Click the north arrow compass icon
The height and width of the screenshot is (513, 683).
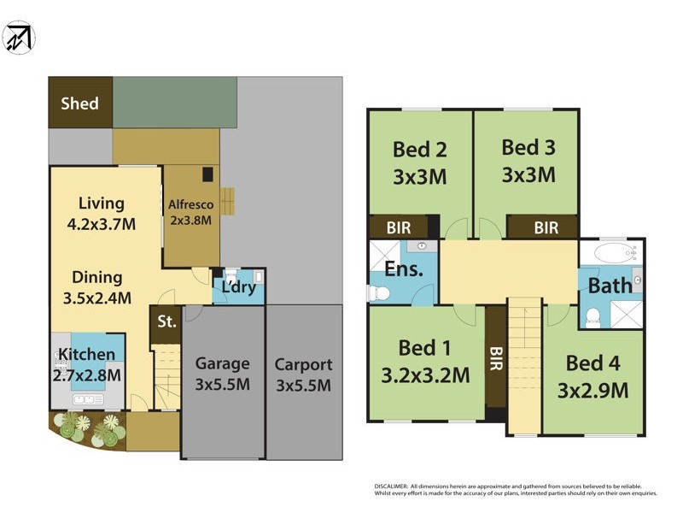point(19,38)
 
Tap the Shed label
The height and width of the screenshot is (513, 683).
point(79,103)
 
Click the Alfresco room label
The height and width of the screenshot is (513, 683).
point(190,204)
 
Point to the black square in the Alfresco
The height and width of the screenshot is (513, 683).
point(207,174)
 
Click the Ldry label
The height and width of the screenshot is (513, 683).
point(239,286)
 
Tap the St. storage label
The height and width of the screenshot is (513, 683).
point(166,322)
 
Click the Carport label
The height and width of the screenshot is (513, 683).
point(303,364)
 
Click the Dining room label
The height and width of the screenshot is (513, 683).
point(96,277)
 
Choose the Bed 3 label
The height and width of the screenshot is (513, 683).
point(528,147)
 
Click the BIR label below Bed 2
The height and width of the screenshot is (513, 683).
point(398,227)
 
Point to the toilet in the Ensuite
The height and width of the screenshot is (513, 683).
point(378,293)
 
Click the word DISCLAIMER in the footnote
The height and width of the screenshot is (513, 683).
point(395,486)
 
